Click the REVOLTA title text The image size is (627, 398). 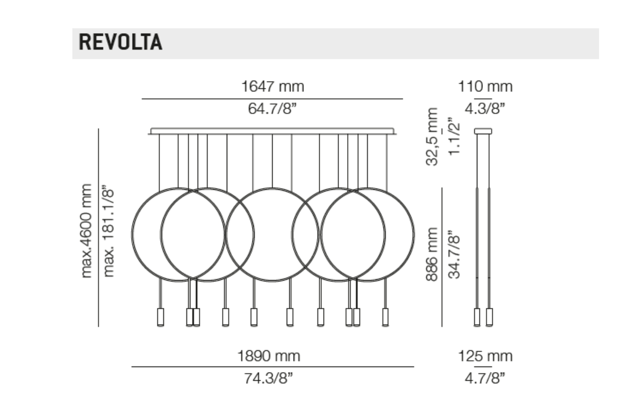click(120, 42)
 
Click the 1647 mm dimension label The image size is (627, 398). click(272, 86)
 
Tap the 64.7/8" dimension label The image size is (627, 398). click(272, 108)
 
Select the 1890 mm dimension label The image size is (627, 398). click(269, 356)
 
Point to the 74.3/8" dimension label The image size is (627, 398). click(269, 378)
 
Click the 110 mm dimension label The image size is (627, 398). click(485, 86)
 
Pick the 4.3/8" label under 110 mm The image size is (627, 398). click(485, 108)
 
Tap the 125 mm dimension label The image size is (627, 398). click(485, 356)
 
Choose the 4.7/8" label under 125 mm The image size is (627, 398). click(485, 378)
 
